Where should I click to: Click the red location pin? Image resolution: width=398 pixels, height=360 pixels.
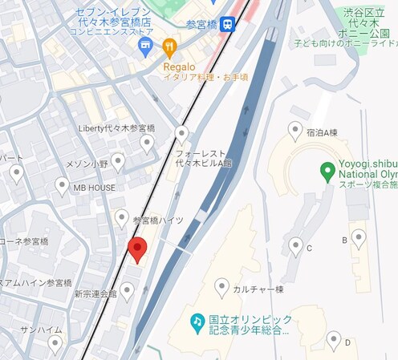[136, 249]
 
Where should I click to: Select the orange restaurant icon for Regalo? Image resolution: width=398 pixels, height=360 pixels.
[169, 47]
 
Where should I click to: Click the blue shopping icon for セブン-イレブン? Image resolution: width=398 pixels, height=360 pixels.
[145, 47]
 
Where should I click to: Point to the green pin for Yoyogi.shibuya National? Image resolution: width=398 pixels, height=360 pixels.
[327, 171]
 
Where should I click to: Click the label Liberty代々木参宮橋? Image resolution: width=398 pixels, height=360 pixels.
[116, 128]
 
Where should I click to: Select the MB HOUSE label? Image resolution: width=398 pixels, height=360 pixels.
[94, 188]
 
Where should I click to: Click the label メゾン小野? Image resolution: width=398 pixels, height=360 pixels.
[87, 164]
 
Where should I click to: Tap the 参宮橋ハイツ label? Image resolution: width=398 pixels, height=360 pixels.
[157, 220]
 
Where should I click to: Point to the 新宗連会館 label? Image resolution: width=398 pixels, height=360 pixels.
[95, 294]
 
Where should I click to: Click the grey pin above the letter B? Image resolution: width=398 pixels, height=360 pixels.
[359, 237]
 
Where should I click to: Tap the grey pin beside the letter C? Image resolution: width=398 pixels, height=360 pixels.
[296, 245]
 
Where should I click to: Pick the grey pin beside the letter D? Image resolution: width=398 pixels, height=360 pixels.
[334, 340]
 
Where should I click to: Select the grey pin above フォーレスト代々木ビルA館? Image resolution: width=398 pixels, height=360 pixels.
[182, 133]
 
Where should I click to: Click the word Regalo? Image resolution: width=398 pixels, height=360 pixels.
[180, 67]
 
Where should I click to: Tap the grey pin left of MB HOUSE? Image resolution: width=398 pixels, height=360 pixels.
[63, 186]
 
